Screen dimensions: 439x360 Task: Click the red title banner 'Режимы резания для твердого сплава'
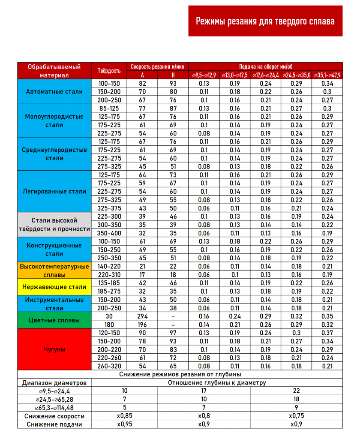pyautogui.click(x=265, y=21)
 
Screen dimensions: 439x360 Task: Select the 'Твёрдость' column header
pyautogui.click(x=109, y=71)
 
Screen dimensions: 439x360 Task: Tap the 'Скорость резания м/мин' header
pyautogui.click(x=158, y=66)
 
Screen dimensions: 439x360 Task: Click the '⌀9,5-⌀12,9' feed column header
pyautogui.click(x=204, y=75)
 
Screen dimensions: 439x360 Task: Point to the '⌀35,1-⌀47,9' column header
pyautogui.click(x=328, y=75)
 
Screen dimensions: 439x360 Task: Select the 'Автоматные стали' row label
pyautogui.click(x=54, y=92)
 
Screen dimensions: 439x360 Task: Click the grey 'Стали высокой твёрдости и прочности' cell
pyautogui.click(x=54, y=225)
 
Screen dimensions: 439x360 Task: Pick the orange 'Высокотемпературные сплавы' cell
pyautogui.click(x=54, y=271)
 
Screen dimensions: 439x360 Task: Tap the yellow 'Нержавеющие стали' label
pyautogui.click(x=54, y=287)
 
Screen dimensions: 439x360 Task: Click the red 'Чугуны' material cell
pyautogui.click(x=54, y=349)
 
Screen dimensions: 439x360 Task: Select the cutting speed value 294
pyautogui.click(x=143, y=316)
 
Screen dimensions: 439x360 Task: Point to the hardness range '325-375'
pyautogui.click(x=109, y=208)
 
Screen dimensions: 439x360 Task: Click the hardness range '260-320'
pyautogui.click(x=109, y=366)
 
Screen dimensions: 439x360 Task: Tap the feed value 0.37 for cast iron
pyautogui.click(x=328, y=333)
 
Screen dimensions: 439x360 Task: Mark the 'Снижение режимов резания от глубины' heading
pyautogui.click(x=180, y=374)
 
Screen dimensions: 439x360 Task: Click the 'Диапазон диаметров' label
pyautogui.click(x=54, y=382)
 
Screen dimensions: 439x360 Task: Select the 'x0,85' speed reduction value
pyautogui.click(x=125, y=416)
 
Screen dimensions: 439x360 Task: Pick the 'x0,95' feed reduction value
pyautogui.click(x=125, y=424)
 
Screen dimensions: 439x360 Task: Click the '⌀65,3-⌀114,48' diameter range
pyautogui.click(x=54, y=408)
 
